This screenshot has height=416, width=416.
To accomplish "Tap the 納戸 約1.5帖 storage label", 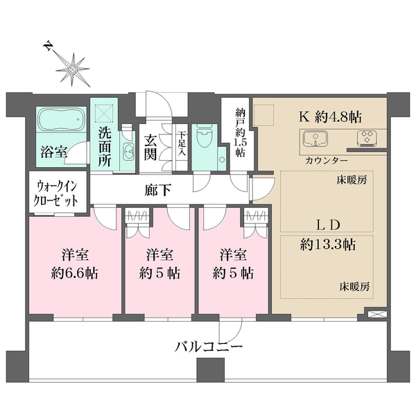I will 240,135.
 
